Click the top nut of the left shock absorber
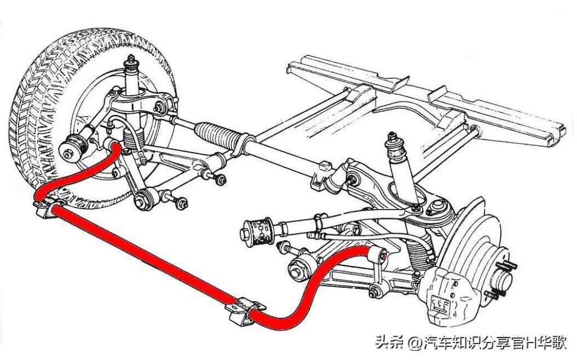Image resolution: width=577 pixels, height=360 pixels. (x=131, y=59)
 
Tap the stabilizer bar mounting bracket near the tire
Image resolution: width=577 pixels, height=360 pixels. (x=48, y=205)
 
